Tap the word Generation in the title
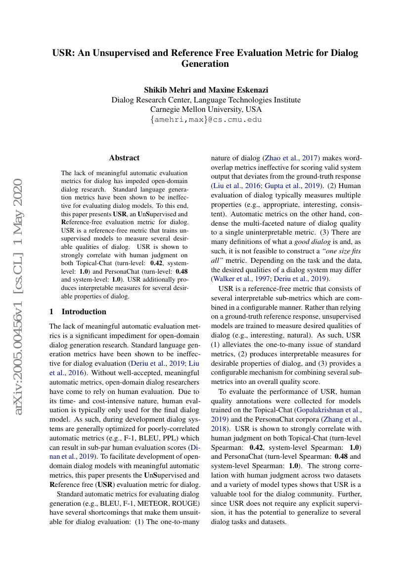[205, 64]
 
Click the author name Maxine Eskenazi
[237, 90]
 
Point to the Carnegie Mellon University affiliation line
[206, 109]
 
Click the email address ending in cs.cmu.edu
[206, 120]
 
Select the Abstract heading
[124, 158]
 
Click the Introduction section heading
[84, 312]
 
